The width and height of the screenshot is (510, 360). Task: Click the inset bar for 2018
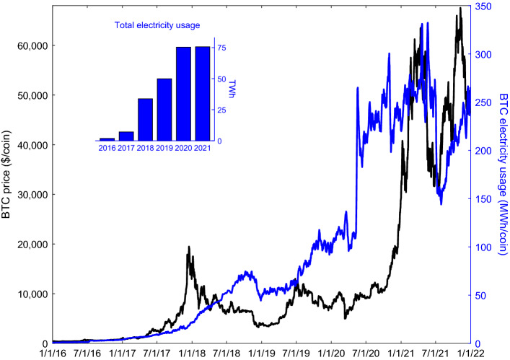click(x=146, y=119)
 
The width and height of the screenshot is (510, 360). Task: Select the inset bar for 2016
click(x=107, y=139)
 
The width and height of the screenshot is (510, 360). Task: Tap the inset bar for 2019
click(x=164, y=109)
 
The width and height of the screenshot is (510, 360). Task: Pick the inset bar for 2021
click(x=203, y=93)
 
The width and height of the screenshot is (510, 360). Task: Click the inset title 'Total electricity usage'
click(x=157, y=25)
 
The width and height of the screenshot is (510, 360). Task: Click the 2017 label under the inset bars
click(x=126, y=148)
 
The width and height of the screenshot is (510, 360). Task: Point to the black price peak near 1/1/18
click(x=189, y=247)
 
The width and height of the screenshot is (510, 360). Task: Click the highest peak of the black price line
click(x=460, y=9)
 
